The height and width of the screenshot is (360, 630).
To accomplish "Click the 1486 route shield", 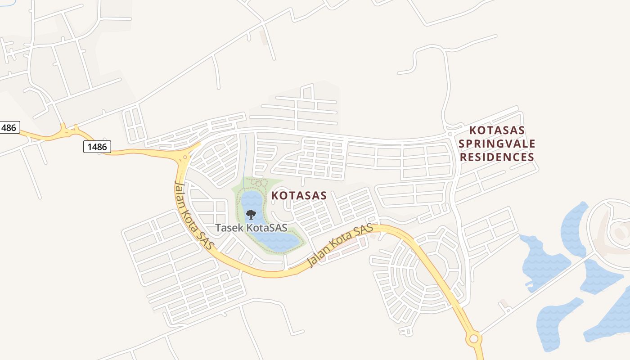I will tap(97, 146).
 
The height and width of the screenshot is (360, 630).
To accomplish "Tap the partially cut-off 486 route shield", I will tap(9, 127).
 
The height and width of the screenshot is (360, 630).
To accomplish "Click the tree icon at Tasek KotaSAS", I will tap(251, 214).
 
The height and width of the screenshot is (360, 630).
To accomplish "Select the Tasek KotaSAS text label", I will tap(251, 228).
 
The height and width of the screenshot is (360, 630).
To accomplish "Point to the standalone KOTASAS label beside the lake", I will tap(299, 196).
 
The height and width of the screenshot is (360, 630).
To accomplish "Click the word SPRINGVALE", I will tap(497, 144).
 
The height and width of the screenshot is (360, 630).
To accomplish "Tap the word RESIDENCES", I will tap(497, 157).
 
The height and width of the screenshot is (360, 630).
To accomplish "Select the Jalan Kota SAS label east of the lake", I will tap(340, 246).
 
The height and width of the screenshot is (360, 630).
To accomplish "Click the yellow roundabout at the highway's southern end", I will tap(473, 338).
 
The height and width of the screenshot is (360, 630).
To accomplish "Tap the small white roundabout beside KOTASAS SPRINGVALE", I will tap(450, 134).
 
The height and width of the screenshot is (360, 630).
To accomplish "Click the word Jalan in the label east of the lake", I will tap(317, 258).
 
